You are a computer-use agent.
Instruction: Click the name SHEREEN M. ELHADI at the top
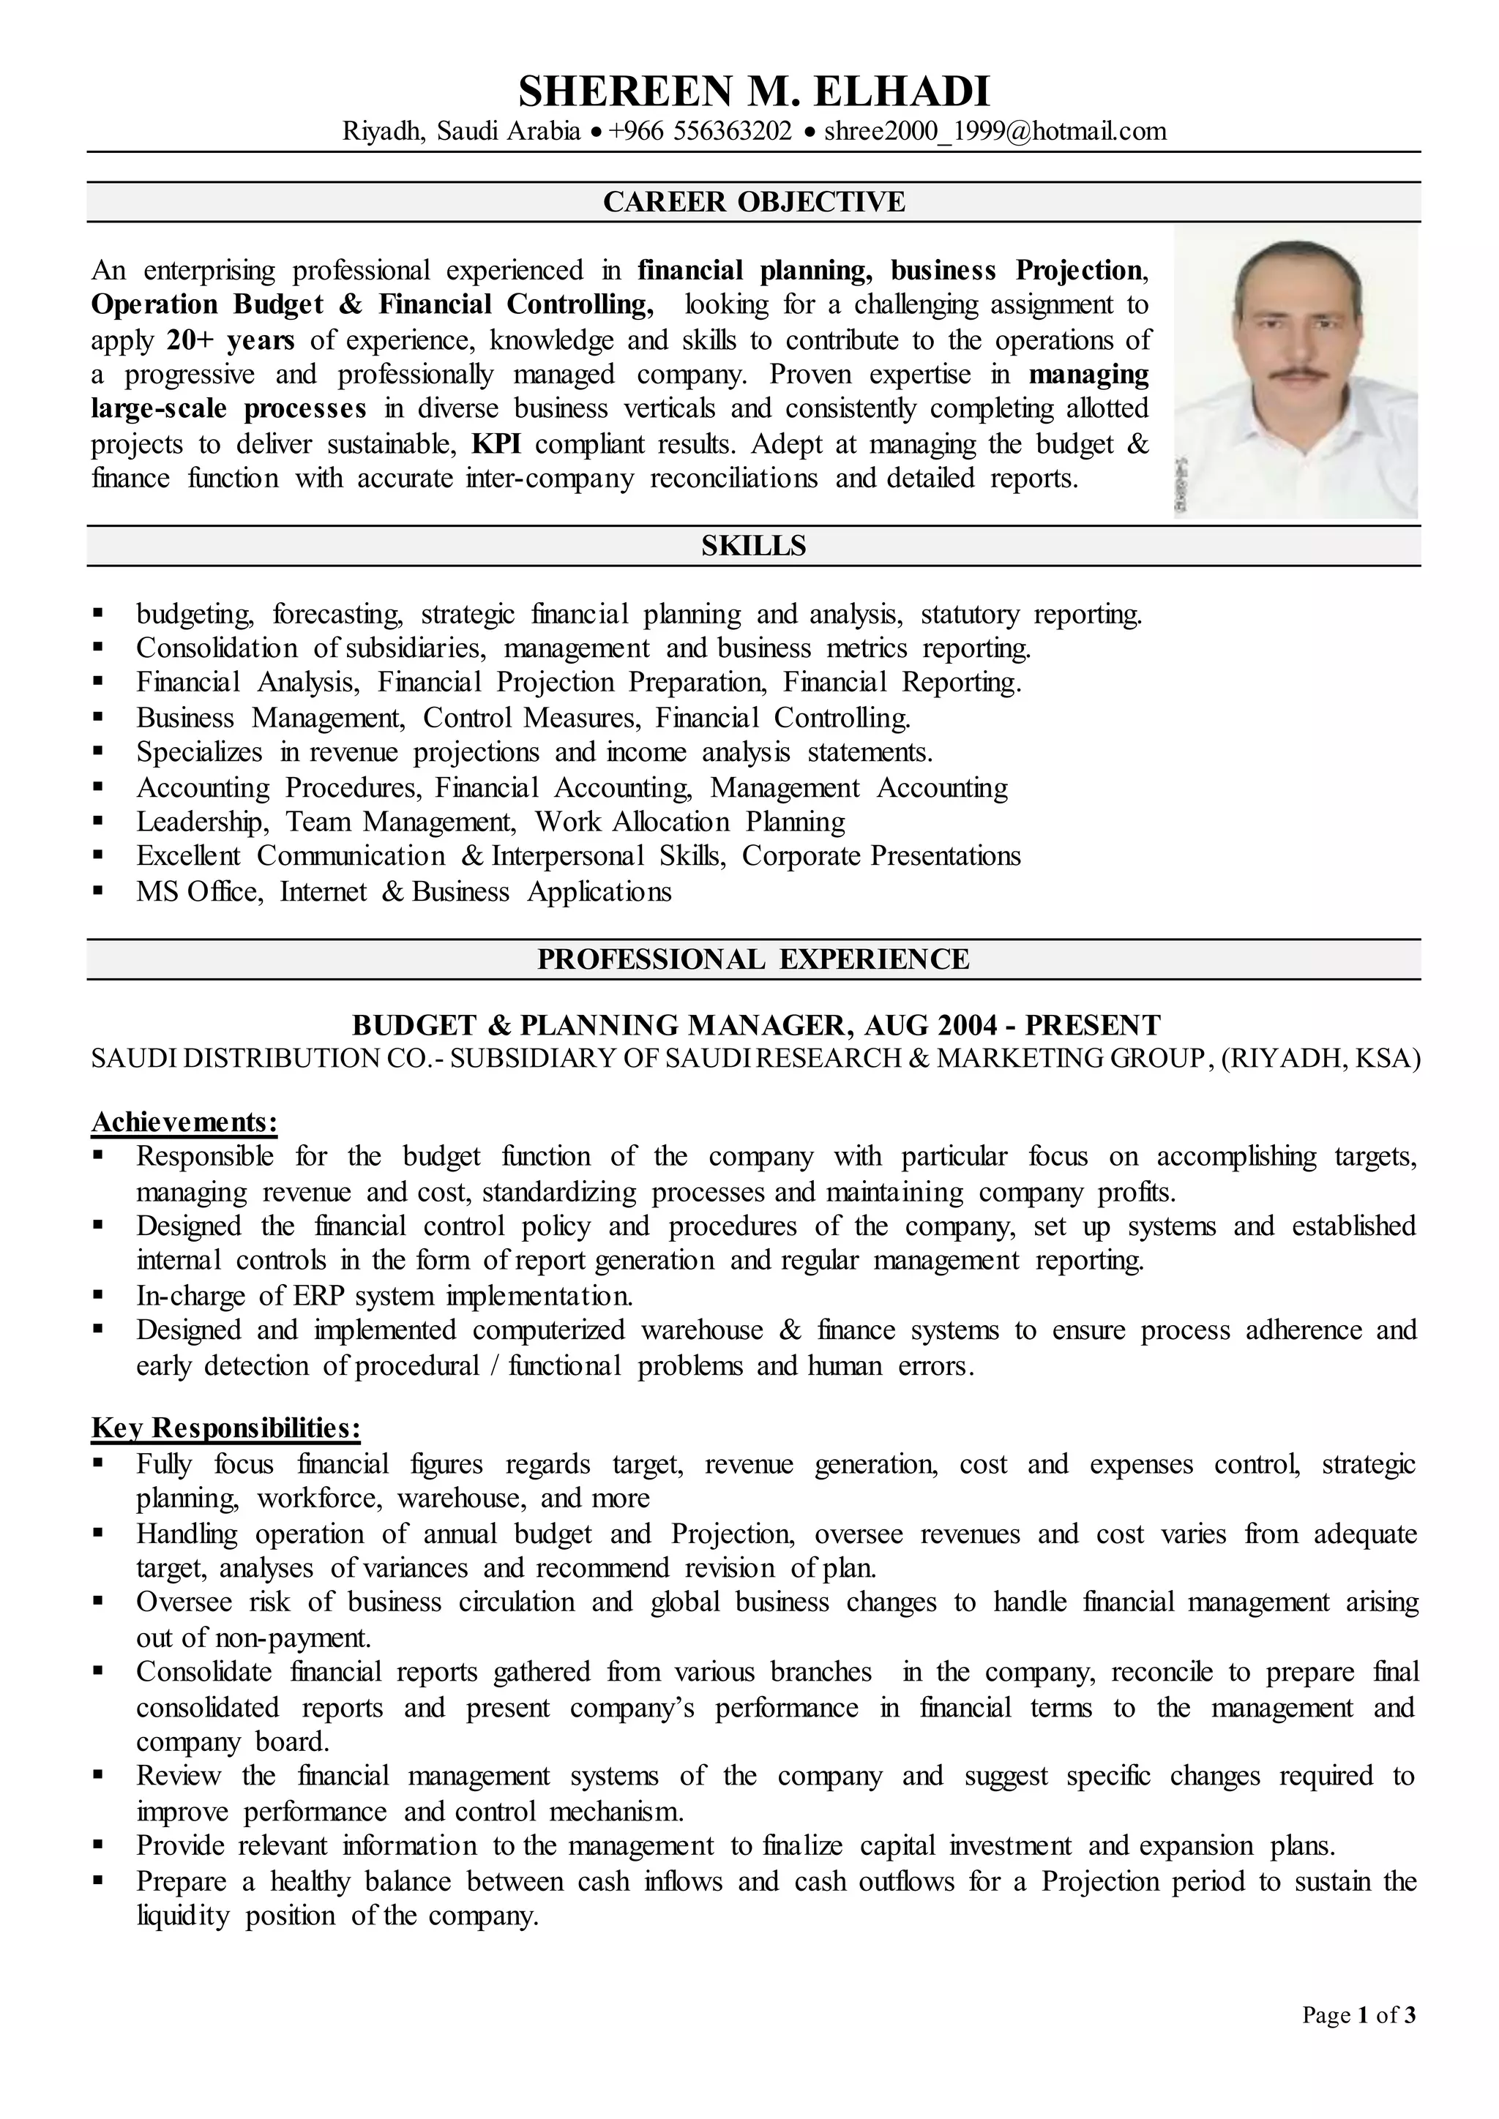click(x=753, y=91)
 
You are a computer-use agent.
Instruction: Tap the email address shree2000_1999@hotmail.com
click(x=995, y=131)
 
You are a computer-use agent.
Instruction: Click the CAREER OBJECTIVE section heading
click(x=753, y=201)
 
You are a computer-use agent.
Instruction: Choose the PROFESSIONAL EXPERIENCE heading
click(x=753, y=959)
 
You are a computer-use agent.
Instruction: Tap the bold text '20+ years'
click(x=230, y=340)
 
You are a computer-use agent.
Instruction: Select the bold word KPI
click(x=496, y=444)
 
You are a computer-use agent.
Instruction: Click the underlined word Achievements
click(x=184, y=1122)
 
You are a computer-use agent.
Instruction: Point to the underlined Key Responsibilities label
click(x=225, y=1428)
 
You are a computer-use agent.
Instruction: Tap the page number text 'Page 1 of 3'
click(x=1358, y=2041)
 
